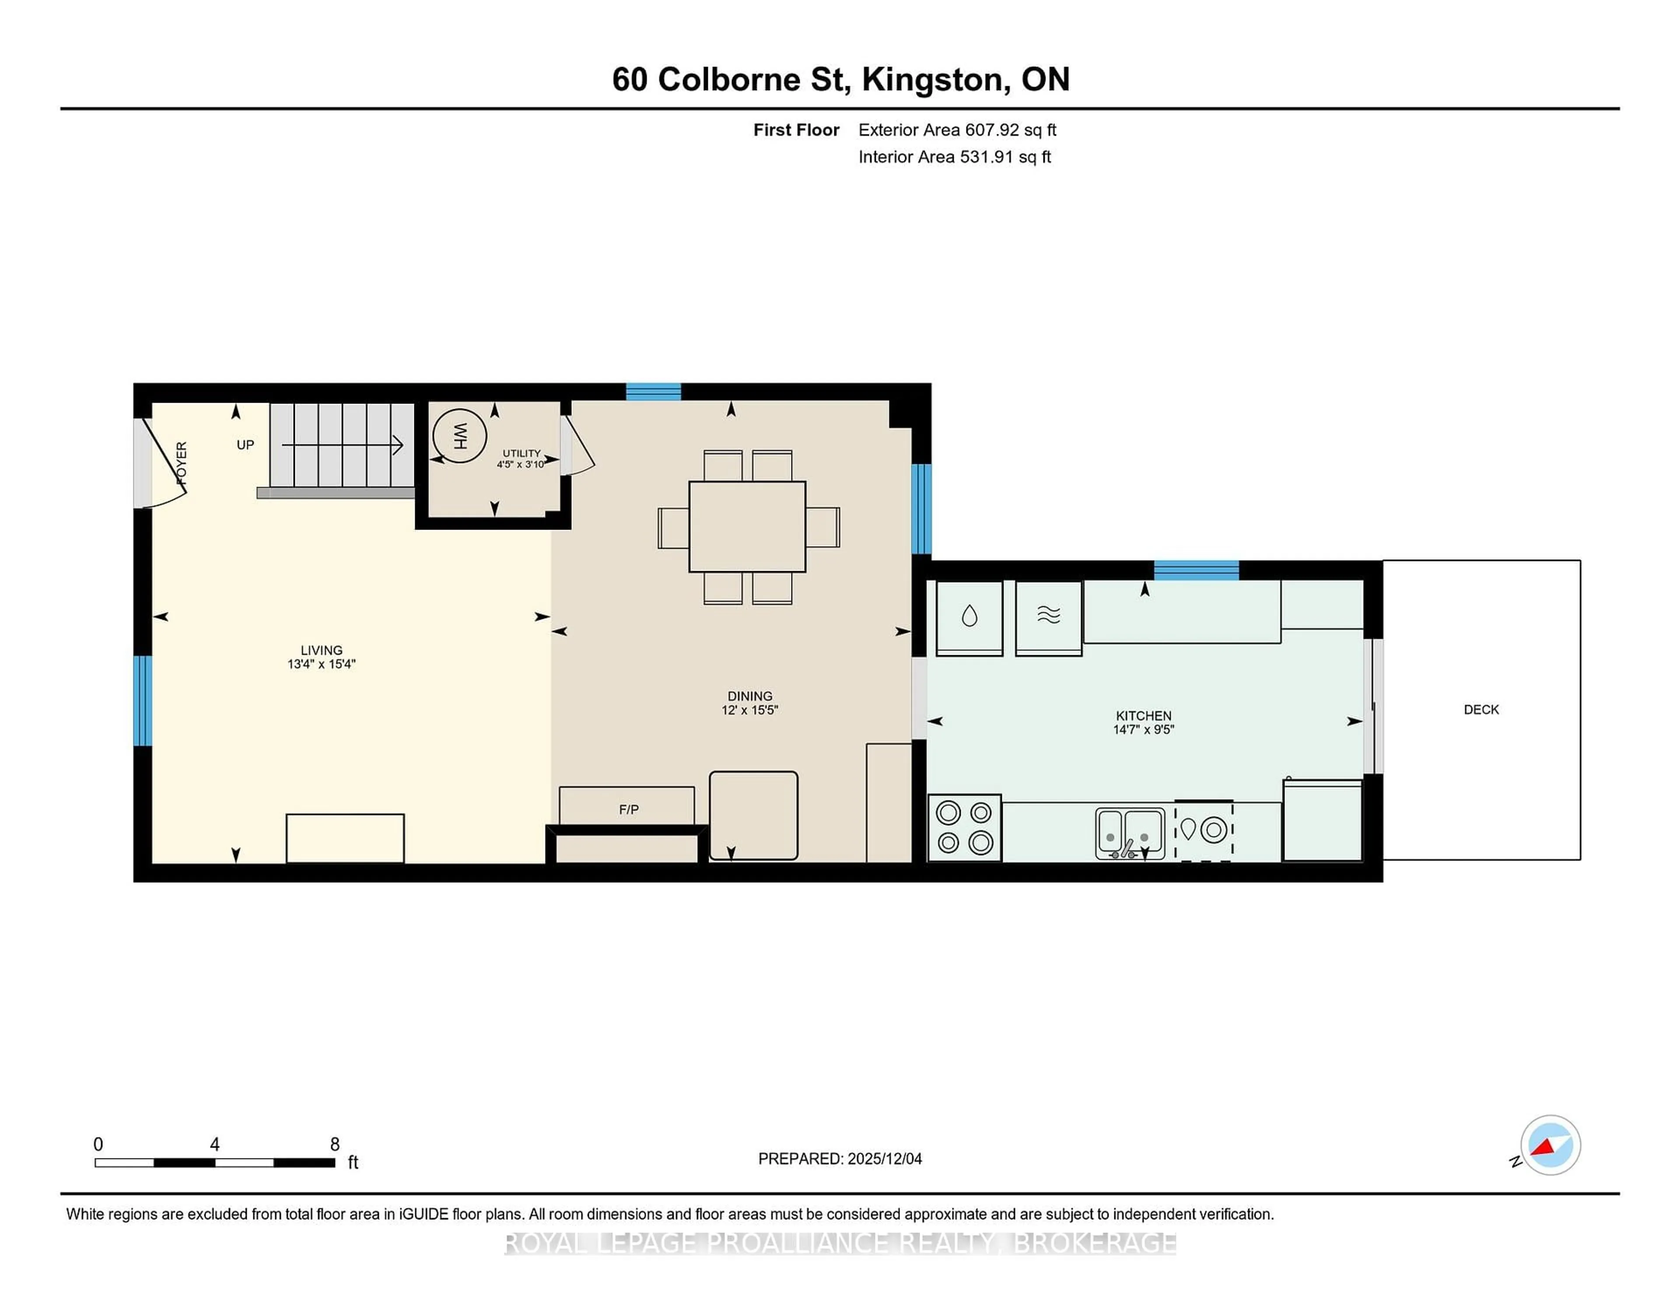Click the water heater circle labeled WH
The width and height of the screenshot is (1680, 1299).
459,435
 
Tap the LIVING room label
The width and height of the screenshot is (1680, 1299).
322,650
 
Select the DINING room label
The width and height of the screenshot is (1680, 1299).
749,695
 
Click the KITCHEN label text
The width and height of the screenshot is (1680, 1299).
1143,716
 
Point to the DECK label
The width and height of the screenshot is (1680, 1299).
1481,709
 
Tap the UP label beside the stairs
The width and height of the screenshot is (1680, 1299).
245,445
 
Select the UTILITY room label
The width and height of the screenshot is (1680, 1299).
521,453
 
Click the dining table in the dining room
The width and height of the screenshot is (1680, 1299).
747,527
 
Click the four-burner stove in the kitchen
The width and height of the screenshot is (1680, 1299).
965,827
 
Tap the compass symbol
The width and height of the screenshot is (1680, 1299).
1550,1145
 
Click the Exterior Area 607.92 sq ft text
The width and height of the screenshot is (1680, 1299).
957,130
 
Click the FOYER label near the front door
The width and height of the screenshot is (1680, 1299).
182,463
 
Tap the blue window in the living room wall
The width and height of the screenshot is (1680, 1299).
142,700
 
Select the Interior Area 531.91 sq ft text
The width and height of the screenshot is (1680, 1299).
954,157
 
